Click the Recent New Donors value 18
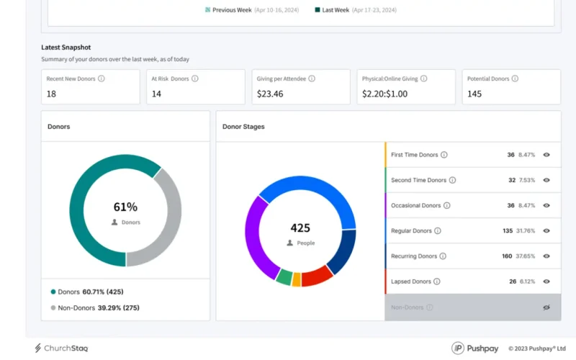tap(51, 94)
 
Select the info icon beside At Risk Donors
tap(195, 78)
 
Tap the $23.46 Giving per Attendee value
tap(270, 94)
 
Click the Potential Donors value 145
tap(474, 94)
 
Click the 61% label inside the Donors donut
tap(126, 207)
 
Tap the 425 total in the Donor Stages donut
tap(300, 228)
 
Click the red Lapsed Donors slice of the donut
tap(316, 276)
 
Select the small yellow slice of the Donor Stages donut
tap(296, 280)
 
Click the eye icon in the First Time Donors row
tap(546, 155)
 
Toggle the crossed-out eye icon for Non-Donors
tap(546, 307)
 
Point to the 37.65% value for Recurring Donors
tap(525, 256)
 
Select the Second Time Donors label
tap(418, 180)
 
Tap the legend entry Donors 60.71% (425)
tap(86, 292)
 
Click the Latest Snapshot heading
tap(66, 48)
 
